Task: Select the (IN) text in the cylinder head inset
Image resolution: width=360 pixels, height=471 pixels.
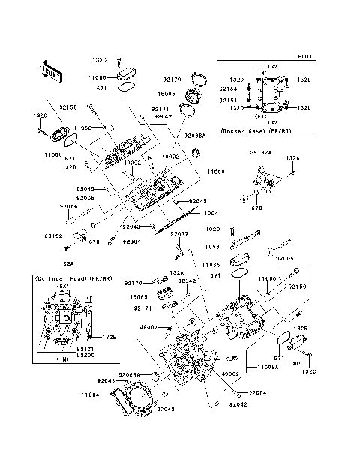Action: tap(63, 360)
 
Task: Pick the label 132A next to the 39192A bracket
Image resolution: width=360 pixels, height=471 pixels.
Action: tap(293, 159)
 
